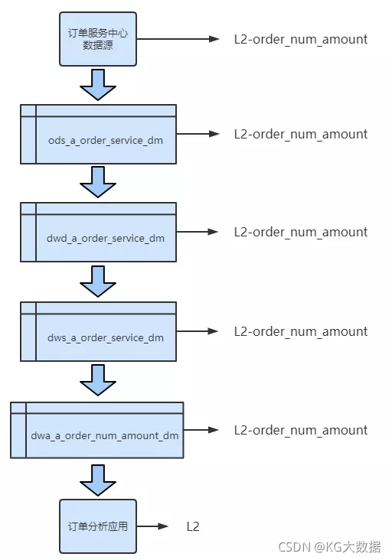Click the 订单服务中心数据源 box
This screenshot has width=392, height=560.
(x=98, y=39)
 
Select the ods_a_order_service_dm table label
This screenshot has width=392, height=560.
(x=106, y=140)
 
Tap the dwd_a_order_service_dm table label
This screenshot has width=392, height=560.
(x=106, y=238)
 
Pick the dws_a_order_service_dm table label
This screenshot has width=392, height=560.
(x=106, y=337)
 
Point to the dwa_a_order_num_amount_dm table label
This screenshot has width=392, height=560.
(x=104, y=436)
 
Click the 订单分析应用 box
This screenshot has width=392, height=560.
(x=98, y=526)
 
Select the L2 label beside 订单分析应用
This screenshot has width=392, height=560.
(x=193, y=526)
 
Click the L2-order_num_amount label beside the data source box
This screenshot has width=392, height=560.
(x=301, y=39)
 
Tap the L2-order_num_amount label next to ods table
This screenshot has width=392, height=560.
(x=301, y=135)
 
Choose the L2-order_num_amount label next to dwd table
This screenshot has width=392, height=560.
(x=301, y=232)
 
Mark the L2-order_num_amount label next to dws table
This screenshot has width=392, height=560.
(x=301, y=331)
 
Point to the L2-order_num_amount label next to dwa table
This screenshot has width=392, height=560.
(x=301, y=430)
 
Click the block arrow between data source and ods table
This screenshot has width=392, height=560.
(x=98, y=85)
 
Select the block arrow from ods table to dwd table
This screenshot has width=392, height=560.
(x=98, y=182)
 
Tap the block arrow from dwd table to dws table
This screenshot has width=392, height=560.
(x=98, y=282)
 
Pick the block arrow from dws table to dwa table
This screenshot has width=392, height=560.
(x=98, y=380)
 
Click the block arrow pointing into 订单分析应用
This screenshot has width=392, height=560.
(x=98, y=480)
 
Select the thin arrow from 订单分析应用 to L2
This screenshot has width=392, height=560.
(x=152, y=526)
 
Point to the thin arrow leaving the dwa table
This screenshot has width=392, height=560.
(x=201, y=430)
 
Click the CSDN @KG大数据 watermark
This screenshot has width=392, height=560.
(x=329, y=547)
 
